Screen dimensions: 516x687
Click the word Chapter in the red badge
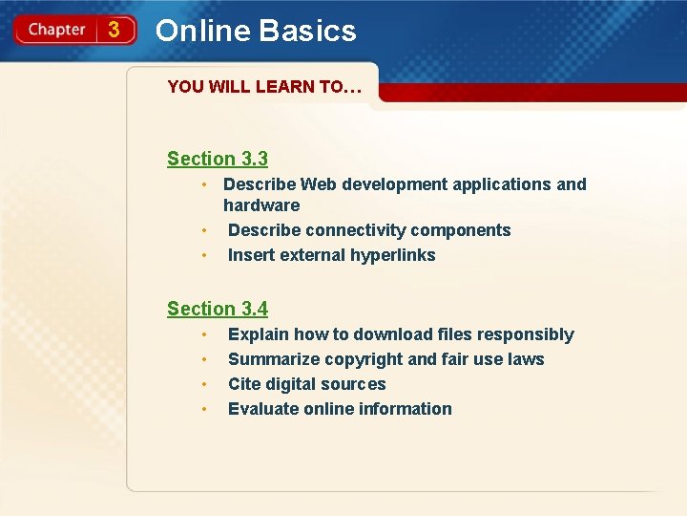[x=56, y=30]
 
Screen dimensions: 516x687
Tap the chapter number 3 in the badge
[x=114, y=30]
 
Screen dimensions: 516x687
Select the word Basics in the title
[x=308, y=31]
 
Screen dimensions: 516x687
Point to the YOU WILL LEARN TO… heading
[x=264, y=87]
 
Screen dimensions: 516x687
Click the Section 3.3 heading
[x=218, y=159]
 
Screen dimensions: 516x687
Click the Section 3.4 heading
[x=218, y=309]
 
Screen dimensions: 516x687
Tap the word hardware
[x=261, y=205]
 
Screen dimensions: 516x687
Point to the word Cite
[x=244, y=384]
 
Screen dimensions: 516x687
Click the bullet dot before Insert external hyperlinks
[x=203, y=255]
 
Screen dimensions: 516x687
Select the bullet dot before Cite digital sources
[x=203, y=384]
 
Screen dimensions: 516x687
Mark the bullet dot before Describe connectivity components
[x=203, y=230]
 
